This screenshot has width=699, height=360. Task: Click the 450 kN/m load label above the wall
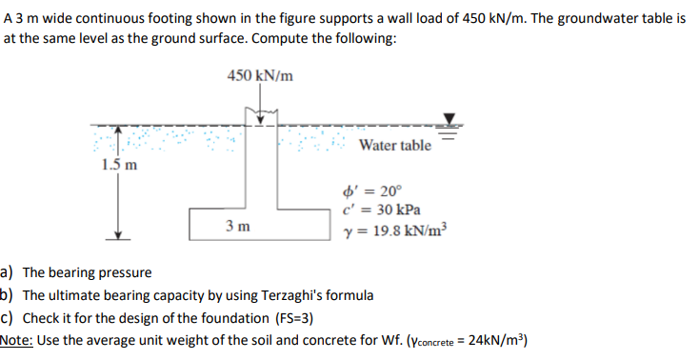[x=260, y=75]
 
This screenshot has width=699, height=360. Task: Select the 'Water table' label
[x=395, y=145]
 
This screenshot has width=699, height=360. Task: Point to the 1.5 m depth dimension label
[x=118, y=164]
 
